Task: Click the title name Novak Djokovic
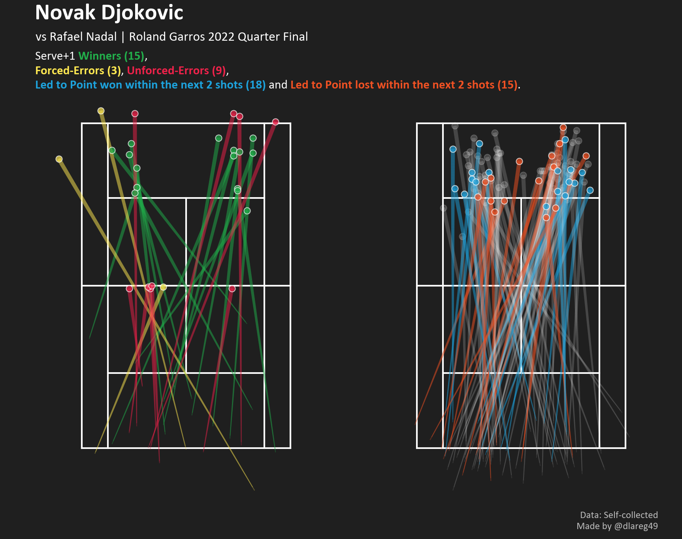click(x=109, y=13)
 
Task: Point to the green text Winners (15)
click(x=111, y=56)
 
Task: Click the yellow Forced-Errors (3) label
click(x=78, y=71)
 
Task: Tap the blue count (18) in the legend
click(x=256, y=85)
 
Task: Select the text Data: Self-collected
click(x=619, y=515)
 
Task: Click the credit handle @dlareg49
click(x=636, y=526)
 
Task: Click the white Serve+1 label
click(x=55, y=56)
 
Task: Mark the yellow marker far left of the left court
click(x=59, y=159)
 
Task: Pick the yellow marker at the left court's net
click(x=163, y=287)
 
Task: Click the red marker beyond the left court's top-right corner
click(x=275, y=122)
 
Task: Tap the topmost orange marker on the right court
click(x=563, y=127)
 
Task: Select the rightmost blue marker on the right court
click(x=590, y=190)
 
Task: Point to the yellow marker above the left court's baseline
click(x=101, y=111)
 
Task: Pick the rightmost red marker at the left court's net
click(x=232, y=288)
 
